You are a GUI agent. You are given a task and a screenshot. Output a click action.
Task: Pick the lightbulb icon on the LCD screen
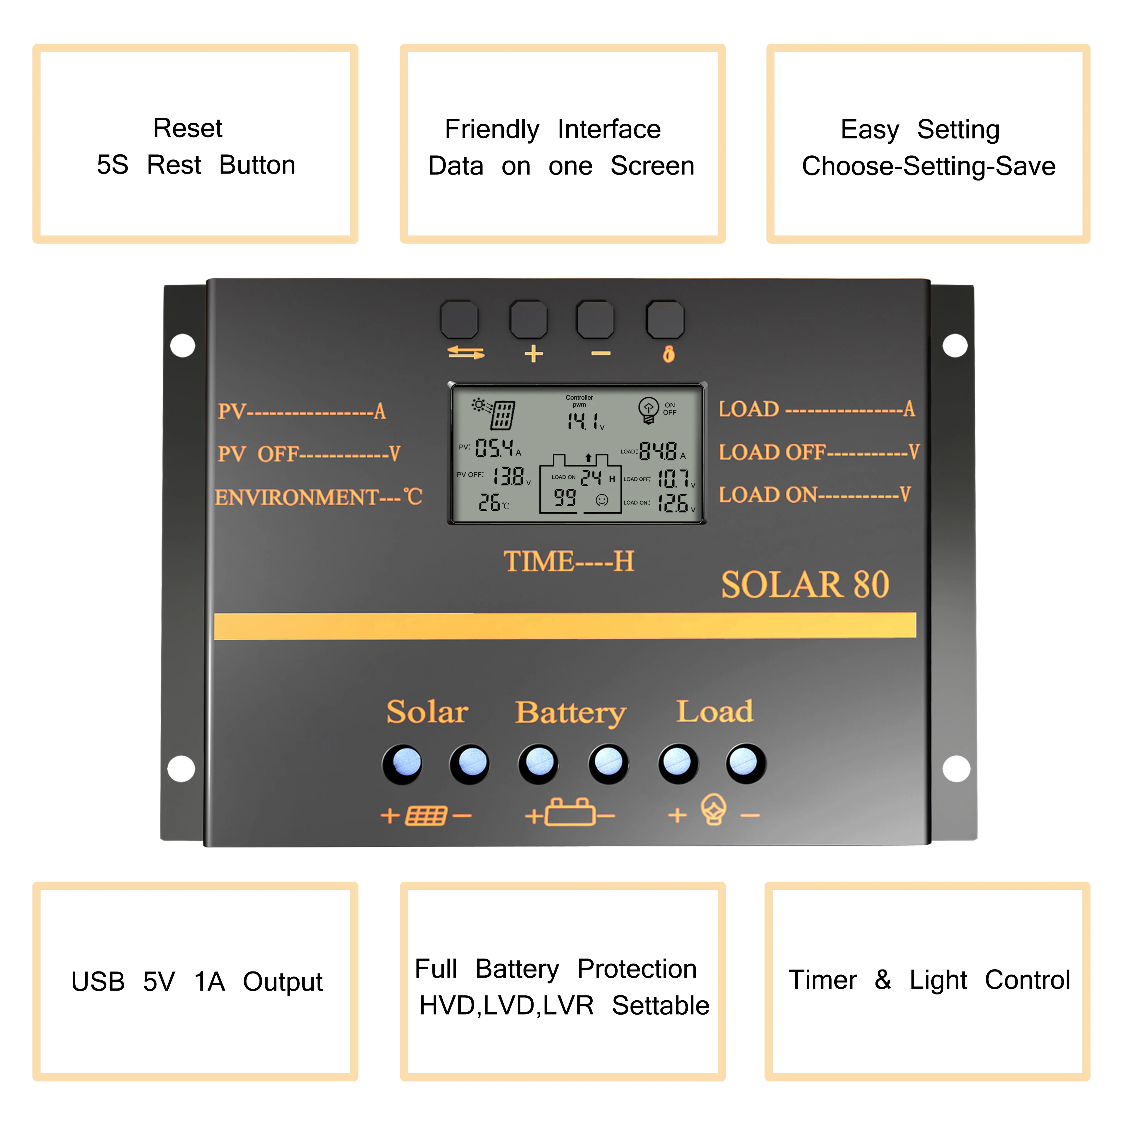pyautogui.click(x=648, y=409)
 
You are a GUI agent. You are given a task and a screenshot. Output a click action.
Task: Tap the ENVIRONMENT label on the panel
pyautogui.click(x=297, y=497)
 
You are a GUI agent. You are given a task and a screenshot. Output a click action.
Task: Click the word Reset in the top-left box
pyautogui.click(x=187, y=128)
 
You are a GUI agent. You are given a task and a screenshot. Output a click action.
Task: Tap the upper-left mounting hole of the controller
pyautogui.click(x=183, y=345)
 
